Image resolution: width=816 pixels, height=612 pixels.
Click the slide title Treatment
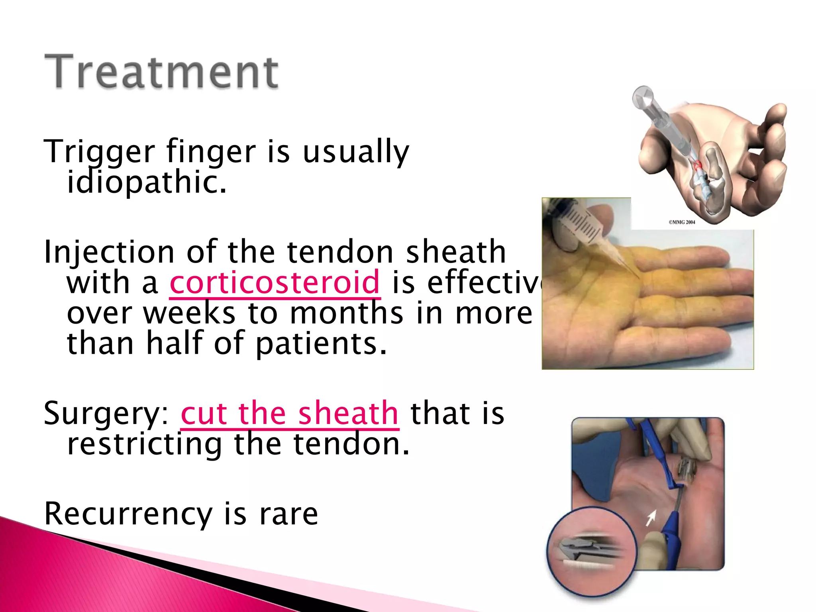(x=161, y=72)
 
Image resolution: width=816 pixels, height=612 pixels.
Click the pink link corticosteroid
(x=275, y=282)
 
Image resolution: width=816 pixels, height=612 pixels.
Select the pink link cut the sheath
(x=290, y=414)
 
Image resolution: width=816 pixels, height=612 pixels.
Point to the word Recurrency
(x=128, y=514)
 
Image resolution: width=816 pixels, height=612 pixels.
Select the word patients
(x=321, y=343)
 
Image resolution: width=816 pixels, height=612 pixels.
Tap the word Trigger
(x=99, y=151)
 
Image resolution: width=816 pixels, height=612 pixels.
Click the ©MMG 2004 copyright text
(x=682, y=222)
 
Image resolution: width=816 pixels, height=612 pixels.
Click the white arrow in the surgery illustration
(x=651, y=518)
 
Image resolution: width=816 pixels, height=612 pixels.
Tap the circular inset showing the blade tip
(x=592, y=551)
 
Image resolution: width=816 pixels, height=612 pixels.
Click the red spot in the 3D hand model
(x=697, y=164)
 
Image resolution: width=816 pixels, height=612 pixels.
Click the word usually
(x=356, y=151)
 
